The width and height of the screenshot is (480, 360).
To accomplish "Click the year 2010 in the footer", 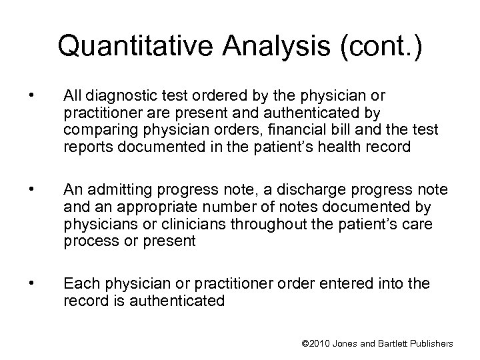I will (321, 343).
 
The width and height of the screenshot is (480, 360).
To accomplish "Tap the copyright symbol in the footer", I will (306, 343).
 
